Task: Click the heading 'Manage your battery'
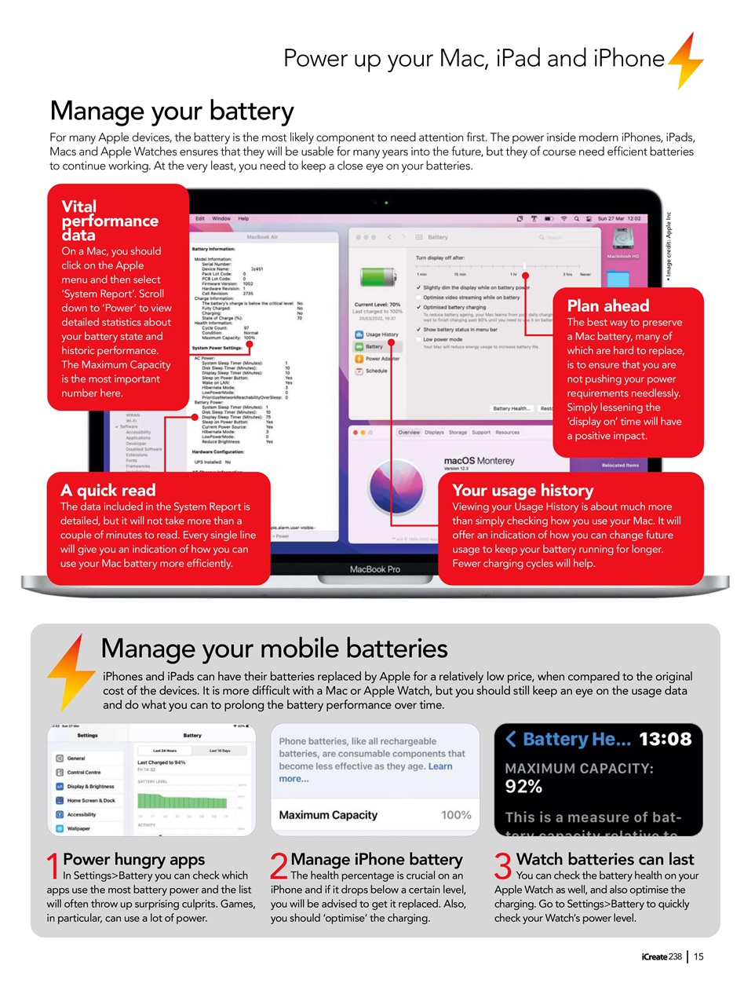click(x=172, y=111)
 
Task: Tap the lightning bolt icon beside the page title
click(x=685, y=60)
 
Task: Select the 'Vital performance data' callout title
click(x=110, y=221)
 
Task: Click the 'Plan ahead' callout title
click(x=607, y=305)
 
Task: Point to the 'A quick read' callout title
click(x=108, y=490)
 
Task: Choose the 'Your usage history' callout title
click(x=522, y=490)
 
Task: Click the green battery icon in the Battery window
click(x=374, y=278)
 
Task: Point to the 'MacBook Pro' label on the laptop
click(x=376, y=569)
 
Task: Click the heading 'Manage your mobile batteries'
click(x=274, y=649)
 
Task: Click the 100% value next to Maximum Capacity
click(x=455, y=815)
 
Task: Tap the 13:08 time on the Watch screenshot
click(x=665, y=739)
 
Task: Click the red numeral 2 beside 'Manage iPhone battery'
click(x=279, y=868)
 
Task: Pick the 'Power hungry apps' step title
click(x=133, y=859)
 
